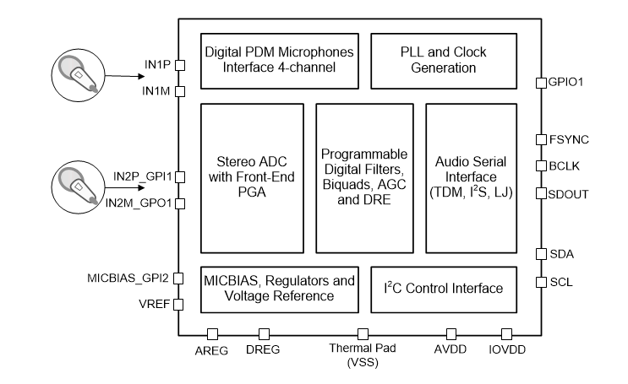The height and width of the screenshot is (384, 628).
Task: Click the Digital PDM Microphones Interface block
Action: (279, 60)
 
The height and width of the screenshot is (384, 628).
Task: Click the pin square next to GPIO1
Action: (541, 82)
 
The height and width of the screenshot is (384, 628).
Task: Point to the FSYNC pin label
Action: (568, 138)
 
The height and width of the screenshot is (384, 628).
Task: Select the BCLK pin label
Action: (565, 165)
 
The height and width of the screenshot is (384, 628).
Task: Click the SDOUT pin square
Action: (541, 193)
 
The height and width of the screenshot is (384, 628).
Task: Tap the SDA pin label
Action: (561, 253)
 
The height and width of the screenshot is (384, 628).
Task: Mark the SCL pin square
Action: (541, 281)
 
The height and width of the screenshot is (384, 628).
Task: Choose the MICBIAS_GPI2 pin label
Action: (129, 277)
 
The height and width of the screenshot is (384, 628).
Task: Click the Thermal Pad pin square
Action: (363, 334)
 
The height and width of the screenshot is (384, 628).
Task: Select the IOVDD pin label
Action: (507, 350)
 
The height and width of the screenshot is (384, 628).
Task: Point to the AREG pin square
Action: (213, 334)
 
